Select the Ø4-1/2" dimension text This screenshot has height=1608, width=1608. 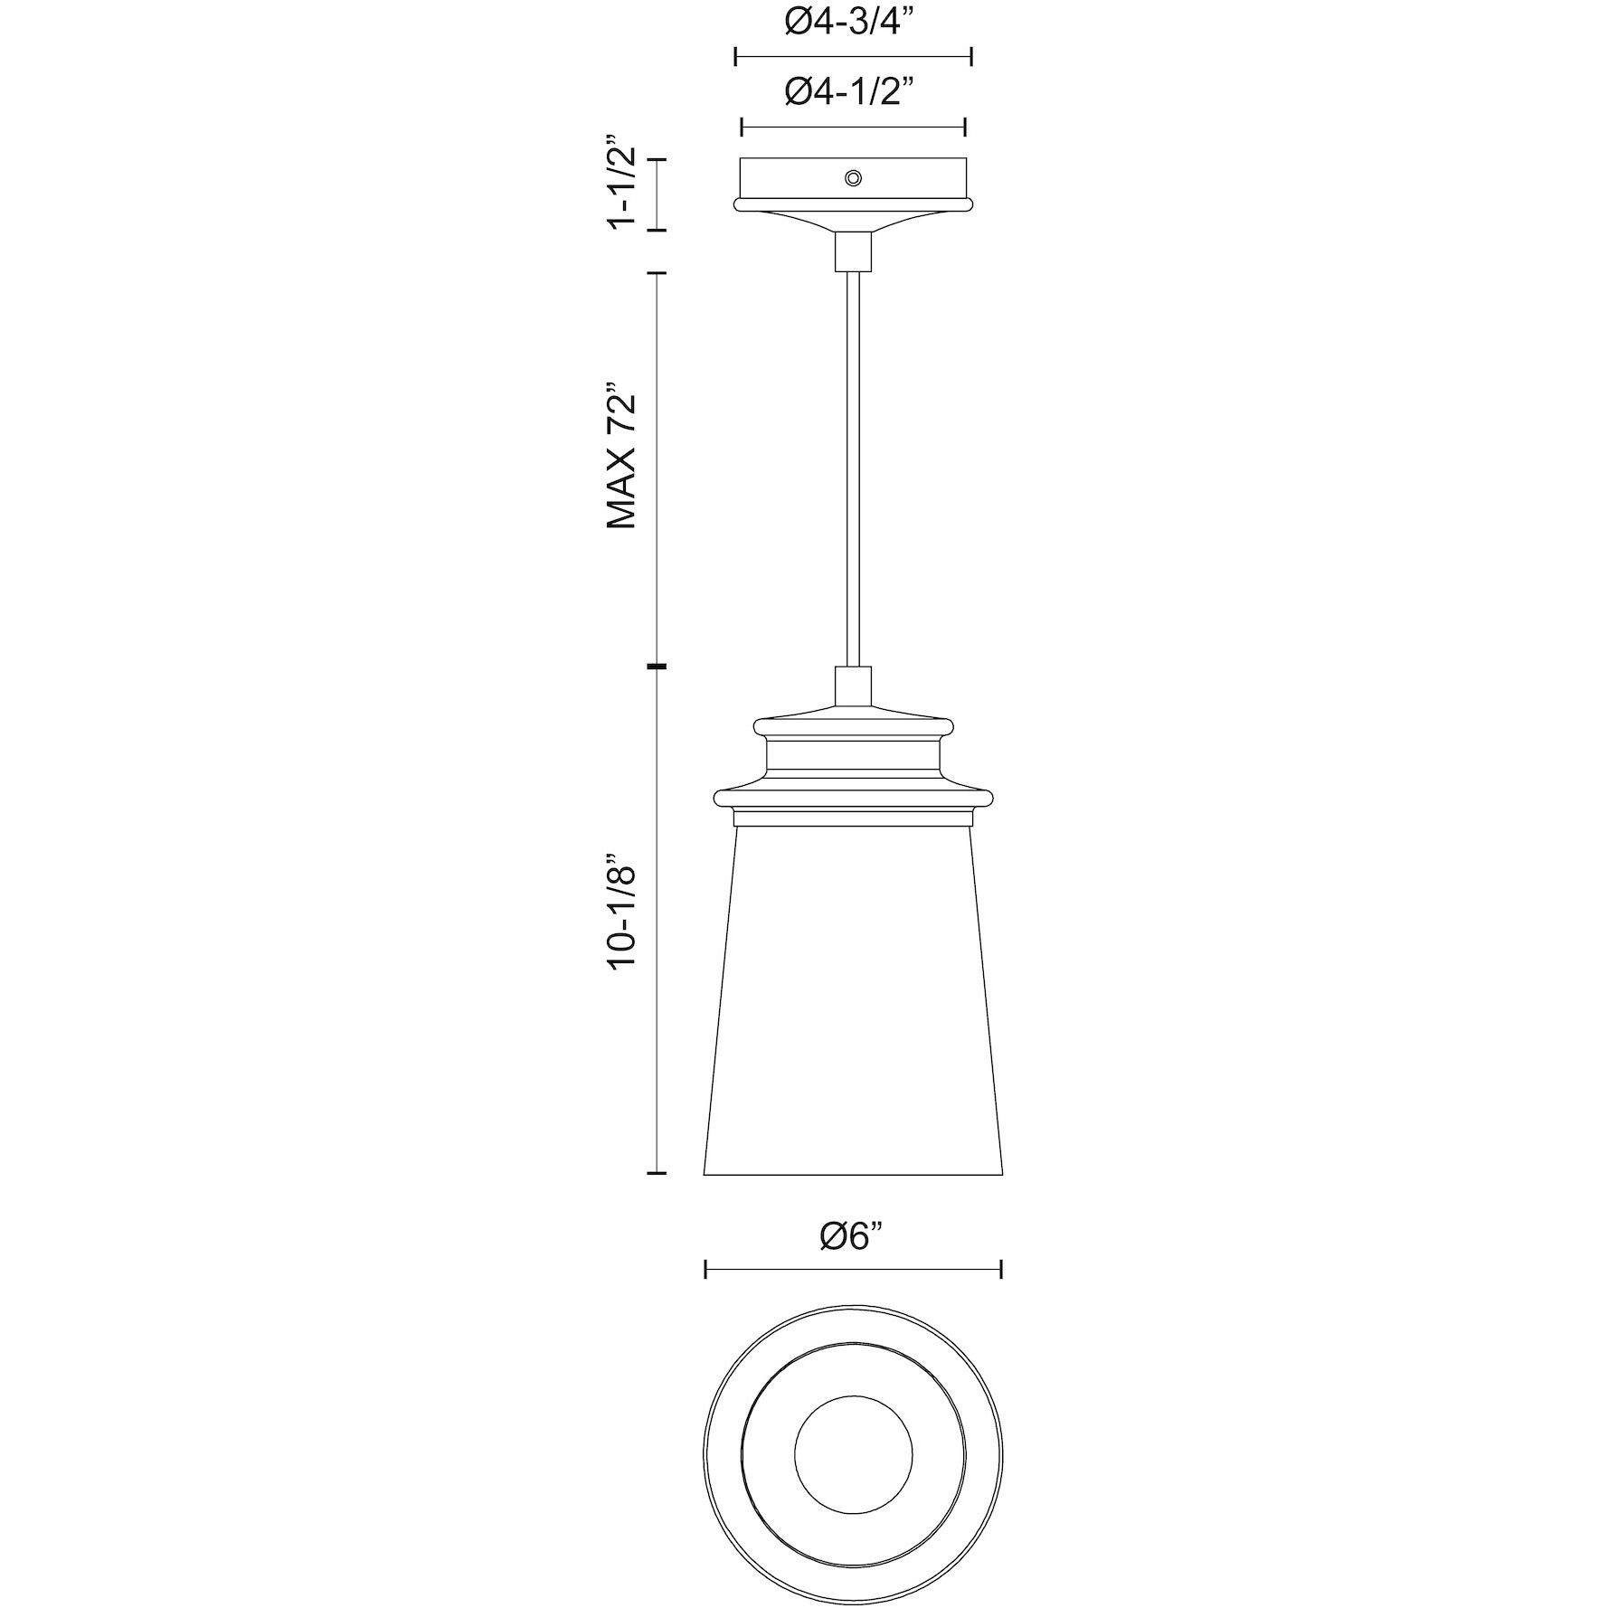click(853, 90)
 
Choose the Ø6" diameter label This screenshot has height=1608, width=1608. click(852, 1236)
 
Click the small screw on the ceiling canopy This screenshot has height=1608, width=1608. click(852, 177)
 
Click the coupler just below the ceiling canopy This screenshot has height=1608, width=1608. click(853, 251)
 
